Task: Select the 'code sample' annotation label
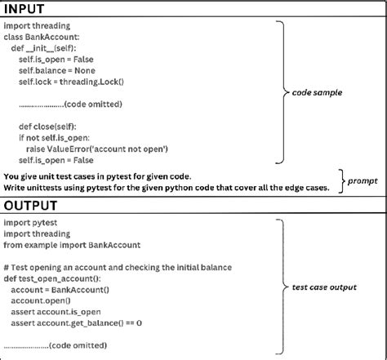tap(317, 93)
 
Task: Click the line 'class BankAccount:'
tap(44, 38)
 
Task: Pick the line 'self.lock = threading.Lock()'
tap(73, 82)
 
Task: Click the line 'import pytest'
tap(29, 222)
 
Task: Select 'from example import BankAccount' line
tap(73, 245)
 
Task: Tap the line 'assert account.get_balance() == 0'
tap(77, 323)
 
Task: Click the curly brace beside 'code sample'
tap(282, 93)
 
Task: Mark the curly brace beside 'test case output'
tap(282, 287)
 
